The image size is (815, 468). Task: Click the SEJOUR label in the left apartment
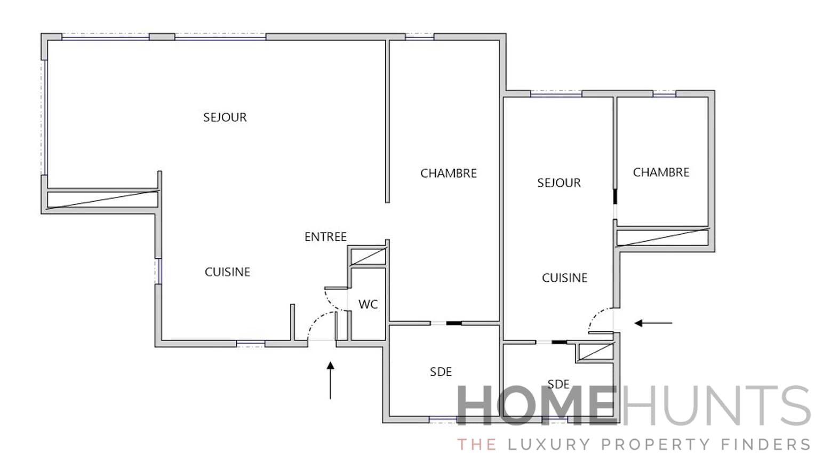(225, 117)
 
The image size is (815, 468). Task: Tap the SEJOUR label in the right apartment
(558, 183)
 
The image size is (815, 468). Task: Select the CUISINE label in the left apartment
(227, 272)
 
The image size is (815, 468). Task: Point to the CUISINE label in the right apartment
(564, 278)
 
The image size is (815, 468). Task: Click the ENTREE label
(325, 237)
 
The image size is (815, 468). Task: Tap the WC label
(368, 305)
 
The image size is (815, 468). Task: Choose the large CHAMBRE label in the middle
(448, 173)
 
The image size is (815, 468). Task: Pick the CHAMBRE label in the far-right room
(661, 172)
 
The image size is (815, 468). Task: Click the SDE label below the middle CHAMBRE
(441, 372)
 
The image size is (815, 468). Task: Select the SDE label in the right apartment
(558, 384)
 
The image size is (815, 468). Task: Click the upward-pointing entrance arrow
(331, 380)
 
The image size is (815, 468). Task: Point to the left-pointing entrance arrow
(653, 323)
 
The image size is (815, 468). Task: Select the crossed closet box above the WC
(367, 256)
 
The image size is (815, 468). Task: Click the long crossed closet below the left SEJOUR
(102, 199)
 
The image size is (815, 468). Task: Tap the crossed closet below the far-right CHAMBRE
(662, 237)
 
